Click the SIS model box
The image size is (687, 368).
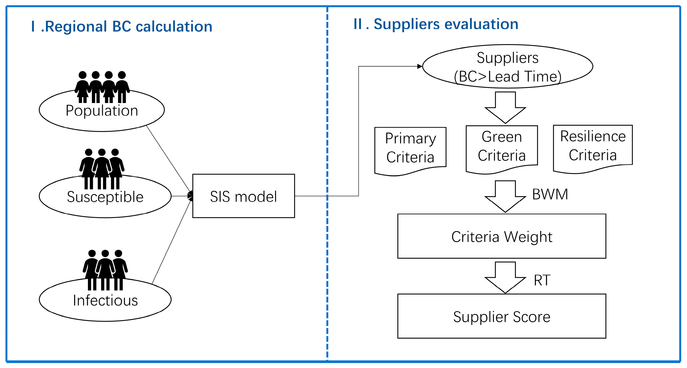243,196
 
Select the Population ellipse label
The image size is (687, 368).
102,111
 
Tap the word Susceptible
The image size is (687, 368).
105,197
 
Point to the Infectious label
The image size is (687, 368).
105,301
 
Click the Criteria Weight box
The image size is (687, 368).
501,236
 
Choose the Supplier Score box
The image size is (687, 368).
501,316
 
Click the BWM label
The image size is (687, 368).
550,194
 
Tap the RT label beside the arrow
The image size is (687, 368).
542,280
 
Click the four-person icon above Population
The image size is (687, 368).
102,87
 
